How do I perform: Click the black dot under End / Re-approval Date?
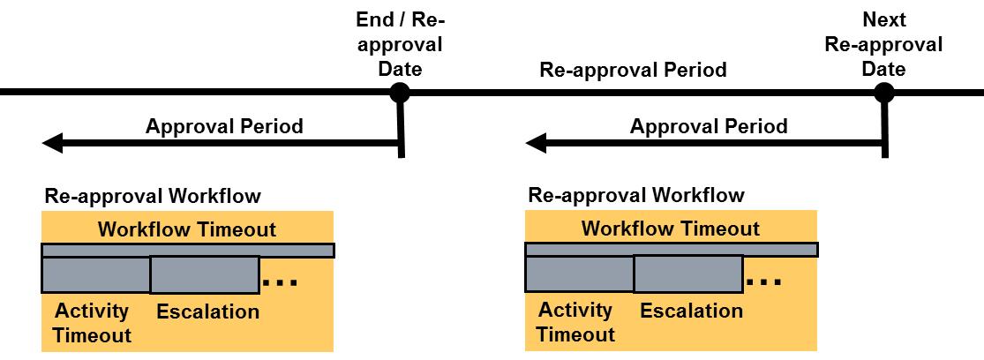(x=400, y=92)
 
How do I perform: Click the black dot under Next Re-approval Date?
(x=883, y=92)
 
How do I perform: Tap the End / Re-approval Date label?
(x=399, y=44)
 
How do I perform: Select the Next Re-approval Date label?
(x=883, y=44)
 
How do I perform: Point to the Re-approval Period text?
(x=633, y=70)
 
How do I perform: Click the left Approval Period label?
(x=224, y=126)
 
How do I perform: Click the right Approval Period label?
(x=708, y=126)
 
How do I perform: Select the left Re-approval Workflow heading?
(x=153, y=196)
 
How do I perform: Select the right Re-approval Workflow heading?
(x=636, y=195)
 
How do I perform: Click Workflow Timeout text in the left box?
(x=187, y=230)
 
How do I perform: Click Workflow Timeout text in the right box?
(x=671, y=229)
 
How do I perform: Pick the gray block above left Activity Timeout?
(x=95, y=274)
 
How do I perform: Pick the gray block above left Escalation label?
(x=205, y=274)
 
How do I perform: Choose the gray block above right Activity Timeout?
(x=579, y=274)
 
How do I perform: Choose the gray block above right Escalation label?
(x=688, y=274)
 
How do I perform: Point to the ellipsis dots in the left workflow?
(x=281, y=283)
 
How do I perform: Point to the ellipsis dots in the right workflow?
(x=764, y=282)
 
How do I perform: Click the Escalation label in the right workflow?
(x=691, y=311)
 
